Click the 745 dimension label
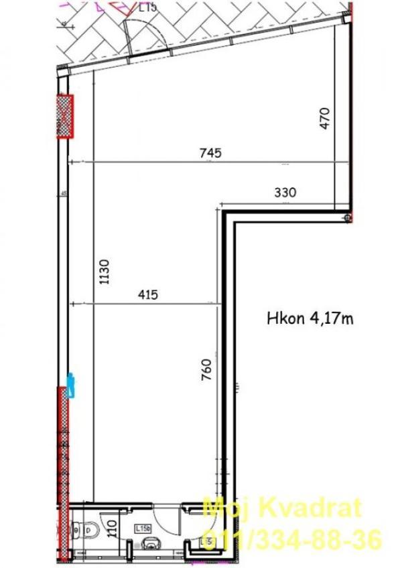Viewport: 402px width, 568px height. (x=210, y=153)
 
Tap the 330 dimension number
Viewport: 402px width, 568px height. (x=285, y=192)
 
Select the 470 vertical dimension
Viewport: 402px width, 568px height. (x=325, y=118)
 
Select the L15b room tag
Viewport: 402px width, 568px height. (x=143, y=528)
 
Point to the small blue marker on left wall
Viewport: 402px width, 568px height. (x=70, y=383)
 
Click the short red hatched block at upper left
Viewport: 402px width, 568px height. (x=64, y=116)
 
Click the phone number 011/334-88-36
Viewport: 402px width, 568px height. (x=291, y=537)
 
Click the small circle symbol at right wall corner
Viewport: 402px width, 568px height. (x=346, y=218)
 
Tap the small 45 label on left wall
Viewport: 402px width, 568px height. (x=64, y=194)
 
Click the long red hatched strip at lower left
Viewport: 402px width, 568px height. (x=64, y=468)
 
